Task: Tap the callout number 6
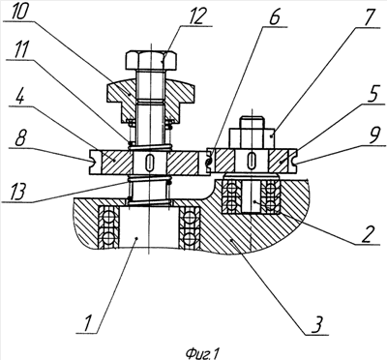(x=274, y=18)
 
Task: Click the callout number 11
(x=20, y=51)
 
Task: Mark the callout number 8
(x=19, y=138)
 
